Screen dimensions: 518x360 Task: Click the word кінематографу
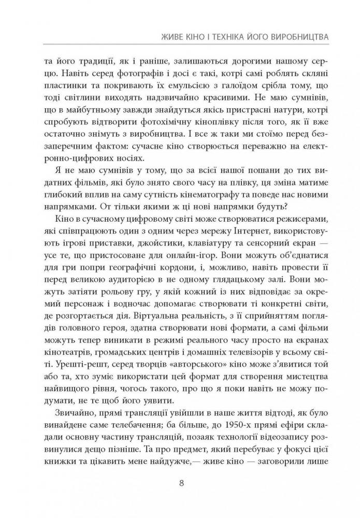click(221, 200)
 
